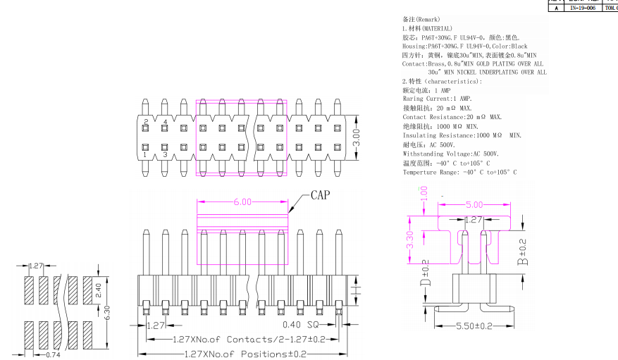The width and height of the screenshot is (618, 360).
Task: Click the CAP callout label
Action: coord(321,194)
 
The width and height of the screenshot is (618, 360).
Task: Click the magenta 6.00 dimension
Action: coord(242,202)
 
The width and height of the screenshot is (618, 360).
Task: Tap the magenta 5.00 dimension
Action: coord(474,205)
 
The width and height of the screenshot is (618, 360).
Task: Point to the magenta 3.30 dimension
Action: coord(410,242)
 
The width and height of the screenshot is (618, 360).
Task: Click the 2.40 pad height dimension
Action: coord(99,287)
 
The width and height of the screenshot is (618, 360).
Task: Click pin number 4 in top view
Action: coord(165,123)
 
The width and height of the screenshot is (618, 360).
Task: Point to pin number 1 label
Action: coord(145,154)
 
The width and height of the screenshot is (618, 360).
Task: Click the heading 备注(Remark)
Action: coord(421,19)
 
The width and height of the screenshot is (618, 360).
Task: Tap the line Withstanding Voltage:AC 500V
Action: coord(450,154)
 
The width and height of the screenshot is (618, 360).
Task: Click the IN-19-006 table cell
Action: coord(582,8)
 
